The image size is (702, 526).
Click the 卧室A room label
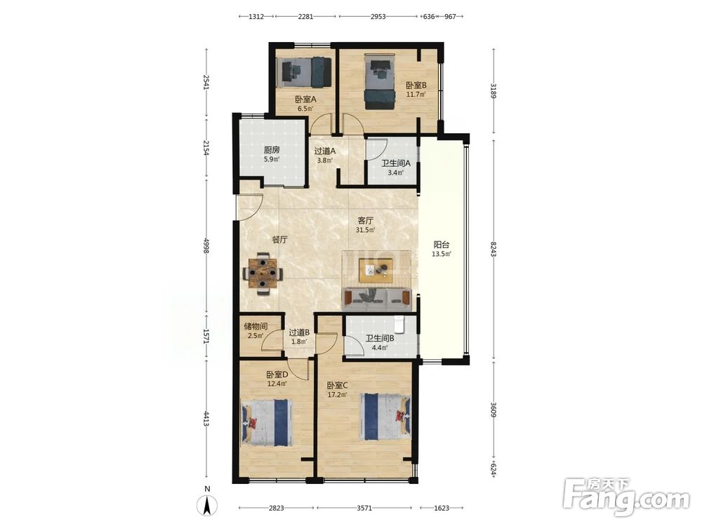point(305,100)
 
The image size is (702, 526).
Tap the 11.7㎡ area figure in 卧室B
point(416,95)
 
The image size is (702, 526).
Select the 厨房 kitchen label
point(272,150)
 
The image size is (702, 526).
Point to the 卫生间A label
point(396,163)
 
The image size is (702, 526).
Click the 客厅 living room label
point(365,220)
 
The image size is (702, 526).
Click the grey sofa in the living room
point(377,299)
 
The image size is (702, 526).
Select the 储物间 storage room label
point(256,326)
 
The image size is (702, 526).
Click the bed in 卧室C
point(385,417)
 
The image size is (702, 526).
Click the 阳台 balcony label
point(442,245)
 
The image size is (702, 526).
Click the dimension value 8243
point(494,250)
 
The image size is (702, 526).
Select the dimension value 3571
point(364,508)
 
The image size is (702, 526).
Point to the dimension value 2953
point(378,17)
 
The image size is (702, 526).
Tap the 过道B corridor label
point(299,332)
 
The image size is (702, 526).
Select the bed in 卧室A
point(307,72)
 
